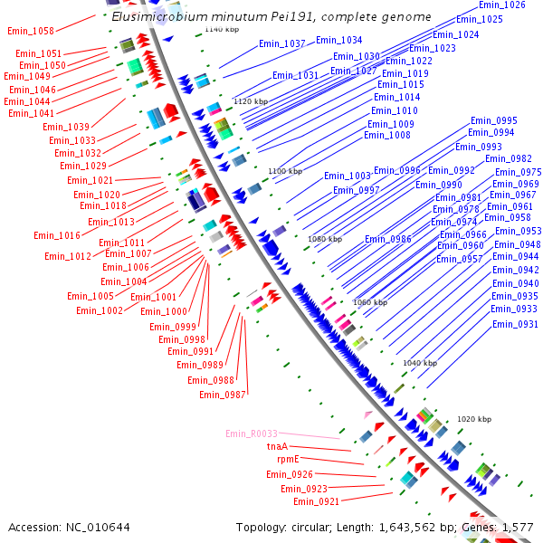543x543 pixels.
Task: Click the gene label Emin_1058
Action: (x=30, y=31)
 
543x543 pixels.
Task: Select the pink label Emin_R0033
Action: (x=252, y=433)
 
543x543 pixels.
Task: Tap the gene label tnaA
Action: (x=277, y=446)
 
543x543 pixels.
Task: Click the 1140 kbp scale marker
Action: (x=221, y=30)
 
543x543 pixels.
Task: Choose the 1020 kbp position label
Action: (x=473, y=420)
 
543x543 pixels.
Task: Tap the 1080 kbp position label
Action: (x=325, y=239)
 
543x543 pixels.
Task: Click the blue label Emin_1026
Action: (x=501, y=5)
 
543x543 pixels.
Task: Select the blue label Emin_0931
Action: (x=514, y=324)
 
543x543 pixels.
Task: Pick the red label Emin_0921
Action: (x=316, y=501)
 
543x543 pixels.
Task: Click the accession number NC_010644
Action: (x=96, y=527)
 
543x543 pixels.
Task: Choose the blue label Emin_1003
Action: (x=348, y=176)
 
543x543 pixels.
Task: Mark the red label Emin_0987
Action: (x=223, y=394)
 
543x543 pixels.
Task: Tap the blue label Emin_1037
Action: (x=281, y=43)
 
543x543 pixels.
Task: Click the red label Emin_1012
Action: (x=68, y=256)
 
